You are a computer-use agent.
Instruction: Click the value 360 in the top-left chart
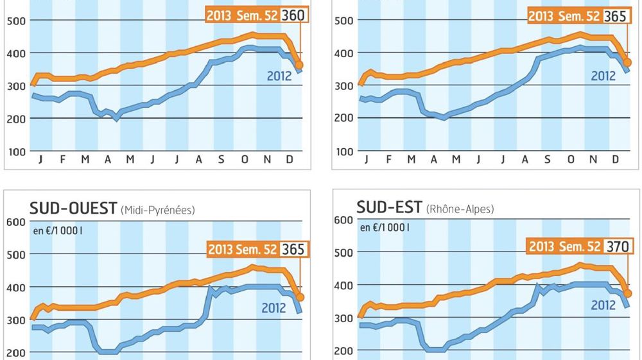pos(296,15)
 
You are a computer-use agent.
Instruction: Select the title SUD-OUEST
pos(73,209)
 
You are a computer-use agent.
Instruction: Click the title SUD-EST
pos(390,207)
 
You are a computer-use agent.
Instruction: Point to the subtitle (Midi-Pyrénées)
pos(157,210)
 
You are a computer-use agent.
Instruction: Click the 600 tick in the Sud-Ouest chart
pos(15,222)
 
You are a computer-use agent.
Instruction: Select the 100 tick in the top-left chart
pos(15,151)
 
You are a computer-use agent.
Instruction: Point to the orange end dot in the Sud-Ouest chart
pos(300,297)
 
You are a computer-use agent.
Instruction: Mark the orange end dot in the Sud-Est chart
pos(628,293)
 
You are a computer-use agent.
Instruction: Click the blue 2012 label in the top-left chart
pos(279,77)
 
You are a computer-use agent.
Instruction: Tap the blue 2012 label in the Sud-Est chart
pos(603,305)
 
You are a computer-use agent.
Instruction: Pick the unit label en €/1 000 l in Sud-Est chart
pos(385,227)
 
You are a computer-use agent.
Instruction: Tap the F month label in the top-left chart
pos(62,159)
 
